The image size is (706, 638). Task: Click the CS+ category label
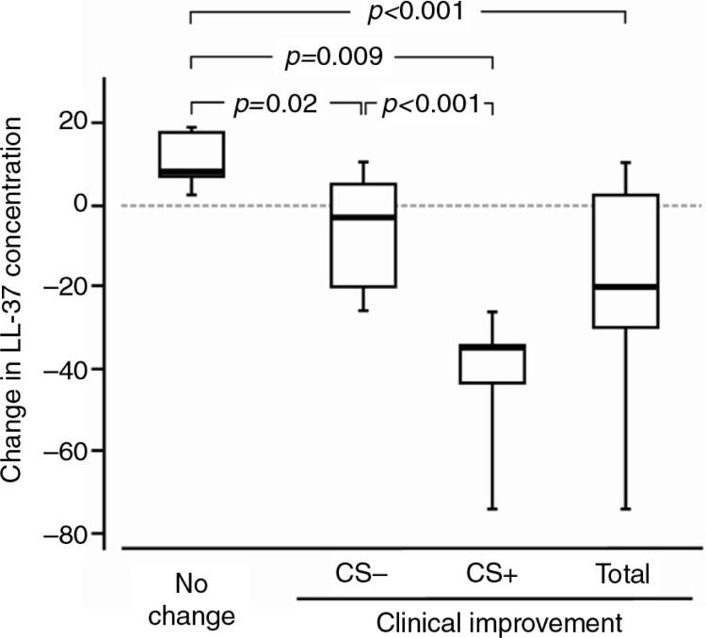tap(491, 572)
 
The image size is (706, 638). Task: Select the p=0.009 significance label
tap(333, 58)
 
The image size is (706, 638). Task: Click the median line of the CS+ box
tap(492, 347)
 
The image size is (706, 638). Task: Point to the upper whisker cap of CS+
tap(492, 311)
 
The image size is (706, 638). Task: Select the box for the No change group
tap(191, 153)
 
